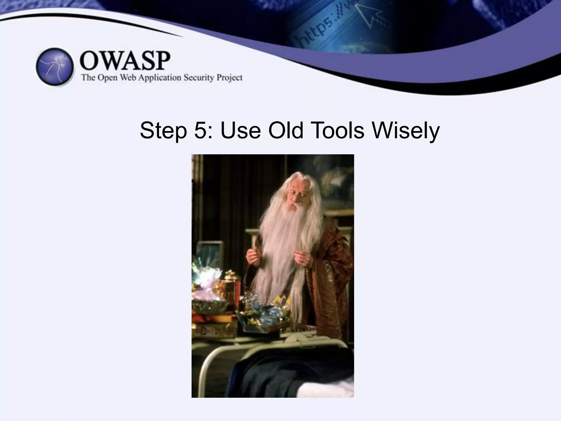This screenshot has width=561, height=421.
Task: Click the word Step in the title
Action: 164,131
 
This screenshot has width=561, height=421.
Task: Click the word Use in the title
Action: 240,131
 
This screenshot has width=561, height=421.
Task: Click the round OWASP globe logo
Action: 55,67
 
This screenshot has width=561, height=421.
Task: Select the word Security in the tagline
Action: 199,78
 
